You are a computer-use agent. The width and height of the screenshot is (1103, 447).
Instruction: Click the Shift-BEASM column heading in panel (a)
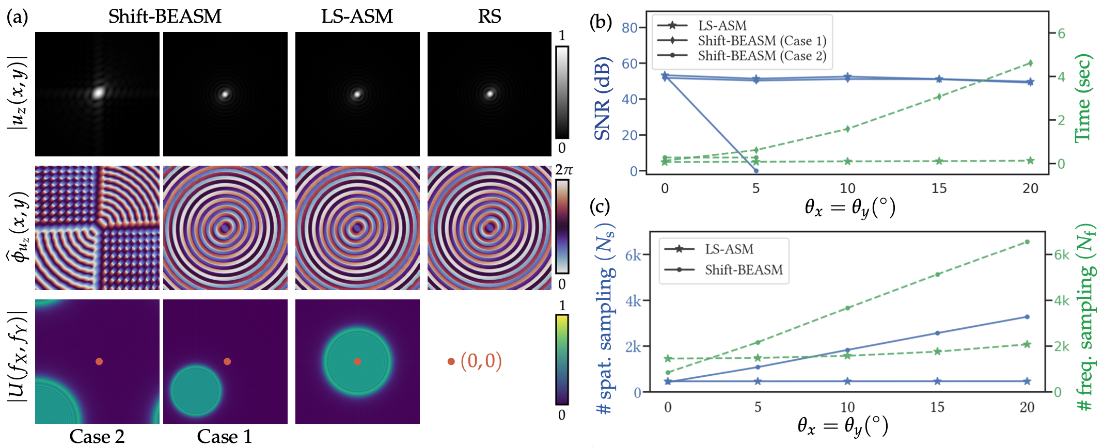pyautogui.click(x=165, y=17)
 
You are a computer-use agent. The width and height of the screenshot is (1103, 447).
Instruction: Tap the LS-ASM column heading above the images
pyautogui.click(x=357, y=17)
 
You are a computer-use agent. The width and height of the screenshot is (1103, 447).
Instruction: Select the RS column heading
pyautogui.click(x=489, y=17)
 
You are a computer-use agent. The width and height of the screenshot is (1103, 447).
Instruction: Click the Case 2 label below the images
pyautogui.click(x=97, y=437)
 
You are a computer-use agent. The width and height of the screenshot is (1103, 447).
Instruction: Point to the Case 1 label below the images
pyautogui.click(x=225, y=437)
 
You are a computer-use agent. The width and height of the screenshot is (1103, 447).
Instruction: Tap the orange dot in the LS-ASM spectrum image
pyautogui.click(x=357, y=361)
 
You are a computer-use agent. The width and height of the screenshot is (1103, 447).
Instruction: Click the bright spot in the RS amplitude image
pyautogui.click(x=490, y=93)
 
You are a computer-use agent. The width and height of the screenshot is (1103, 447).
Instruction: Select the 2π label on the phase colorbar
pyautogui.click(x=564, y=170)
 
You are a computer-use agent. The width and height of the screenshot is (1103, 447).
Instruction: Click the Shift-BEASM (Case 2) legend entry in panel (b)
pyautogui.click(x=762, y=56)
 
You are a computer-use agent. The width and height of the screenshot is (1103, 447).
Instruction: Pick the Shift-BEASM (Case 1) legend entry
pyautogui.click(x=762, y=41)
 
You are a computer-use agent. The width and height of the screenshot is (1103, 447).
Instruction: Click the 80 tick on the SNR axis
pyautogui.click(x=629, y=27)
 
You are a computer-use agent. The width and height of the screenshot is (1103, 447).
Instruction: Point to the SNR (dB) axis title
pyautogui.click(x=602, y=98)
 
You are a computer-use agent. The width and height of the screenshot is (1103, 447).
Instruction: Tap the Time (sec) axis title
pyautogui.click(x=1082, y=98)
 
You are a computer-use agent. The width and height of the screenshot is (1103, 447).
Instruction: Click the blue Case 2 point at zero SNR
pyautogui.click(x=756, y=170)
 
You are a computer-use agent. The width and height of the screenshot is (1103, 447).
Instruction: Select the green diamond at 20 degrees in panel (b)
pyautogui.click(x=1030, y=63)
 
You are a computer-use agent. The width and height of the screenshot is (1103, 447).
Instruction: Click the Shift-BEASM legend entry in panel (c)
pyautogui.click(x=744, y=269)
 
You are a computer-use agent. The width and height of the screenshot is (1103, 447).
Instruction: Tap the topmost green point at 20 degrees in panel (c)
pyautogui.click(x=1027, y=242)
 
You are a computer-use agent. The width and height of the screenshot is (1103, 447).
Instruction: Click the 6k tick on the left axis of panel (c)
pyautogui.click(x=633, y=256)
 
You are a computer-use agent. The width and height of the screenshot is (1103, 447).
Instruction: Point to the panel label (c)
pyautogui.click(x=600, y=207)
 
